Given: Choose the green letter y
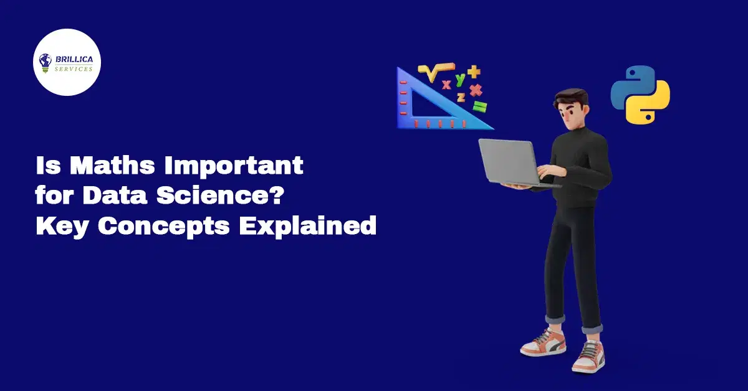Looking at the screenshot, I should tap(460, 79).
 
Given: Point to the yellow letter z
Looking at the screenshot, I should tap(461, 97).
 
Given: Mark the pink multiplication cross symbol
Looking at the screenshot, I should tap(476, 90).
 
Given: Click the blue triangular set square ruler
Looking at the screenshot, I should tap(436, 106).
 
